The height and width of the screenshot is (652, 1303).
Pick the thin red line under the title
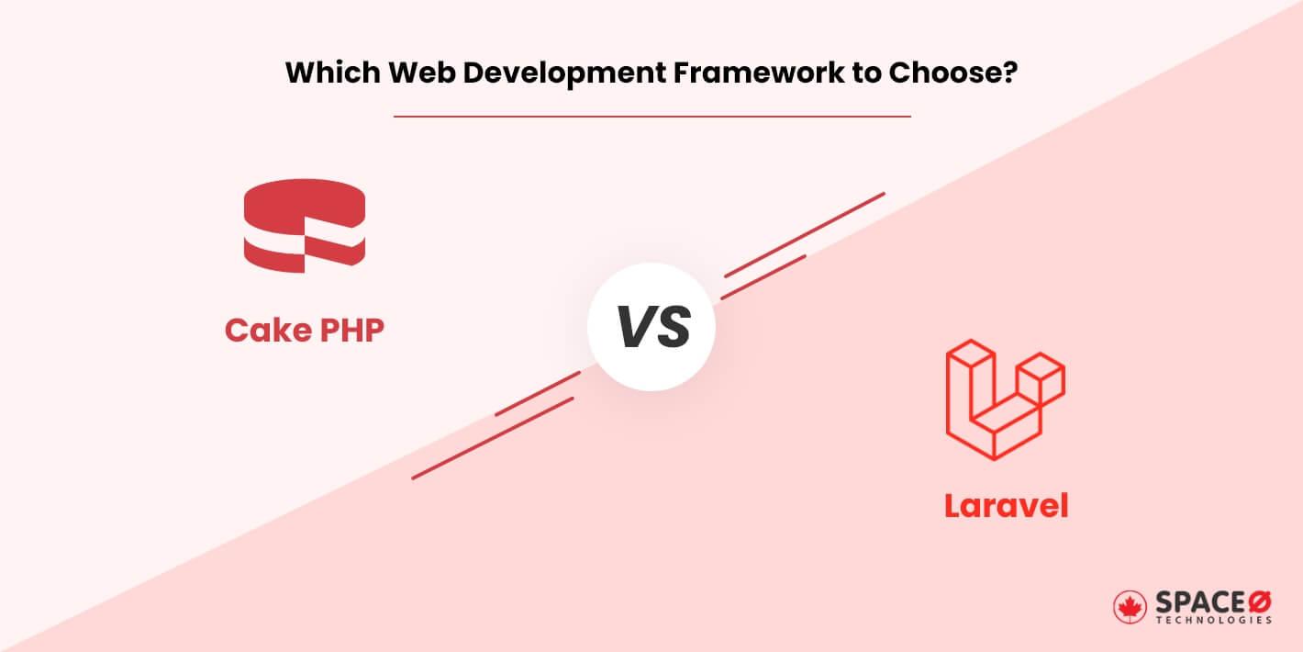651,117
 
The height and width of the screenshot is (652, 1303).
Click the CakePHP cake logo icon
305,226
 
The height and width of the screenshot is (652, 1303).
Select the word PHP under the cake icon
351,331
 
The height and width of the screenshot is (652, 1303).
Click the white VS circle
651,328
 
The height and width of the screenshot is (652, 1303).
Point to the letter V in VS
634,328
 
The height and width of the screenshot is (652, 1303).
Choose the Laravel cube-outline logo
1005,399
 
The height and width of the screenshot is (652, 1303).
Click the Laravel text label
1006,505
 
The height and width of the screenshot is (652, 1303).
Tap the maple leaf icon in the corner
1130,606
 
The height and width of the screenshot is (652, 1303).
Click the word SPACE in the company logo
1196,601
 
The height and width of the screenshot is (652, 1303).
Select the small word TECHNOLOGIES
1213,621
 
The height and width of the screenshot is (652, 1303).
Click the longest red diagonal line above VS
804,234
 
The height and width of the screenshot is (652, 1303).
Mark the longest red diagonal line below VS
493,438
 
